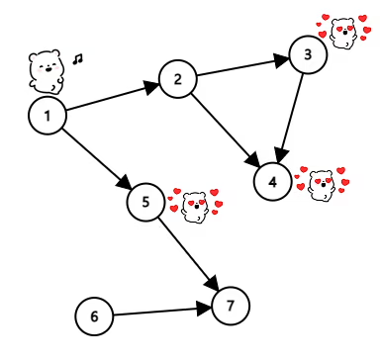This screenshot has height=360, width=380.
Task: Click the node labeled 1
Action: [x=47, y=116]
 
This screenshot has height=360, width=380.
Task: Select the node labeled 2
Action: [x=178, y=79]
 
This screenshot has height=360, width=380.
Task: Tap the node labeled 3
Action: [x=308, y=54]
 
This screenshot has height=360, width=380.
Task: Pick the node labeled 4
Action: [x=273, y=182]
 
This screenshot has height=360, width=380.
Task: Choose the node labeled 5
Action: [x=145, y=202]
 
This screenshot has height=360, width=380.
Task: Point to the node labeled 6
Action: [x=94, y=315]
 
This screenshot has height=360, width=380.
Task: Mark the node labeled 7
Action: [x=231, y=306]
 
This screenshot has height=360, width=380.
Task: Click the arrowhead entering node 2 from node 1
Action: [x=151, y=87]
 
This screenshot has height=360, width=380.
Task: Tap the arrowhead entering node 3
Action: [x=281, y=59]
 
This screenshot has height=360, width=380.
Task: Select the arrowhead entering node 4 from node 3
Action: [x=281, y=155]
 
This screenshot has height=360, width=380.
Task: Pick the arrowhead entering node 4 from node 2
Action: [x=253, y=160]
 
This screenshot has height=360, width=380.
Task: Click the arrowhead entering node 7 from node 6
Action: [x=204, y=309]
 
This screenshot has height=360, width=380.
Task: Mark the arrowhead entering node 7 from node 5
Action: [x=213, y=283]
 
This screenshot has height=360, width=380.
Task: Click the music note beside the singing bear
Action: [x=78, y=59]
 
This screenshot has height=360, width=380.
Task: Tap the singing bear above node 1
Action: [x=46, y=70]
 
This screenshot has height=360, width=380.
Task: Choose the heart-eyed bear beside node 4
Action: [x=322, y=185]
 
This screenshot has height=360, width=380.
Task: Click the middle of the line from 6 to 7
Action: [x=155, y=312]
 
